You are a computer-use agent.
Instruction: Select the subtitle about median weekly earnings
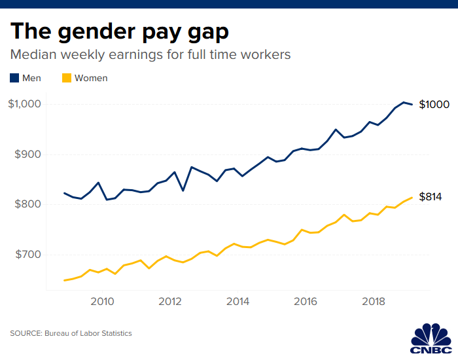[150, 54]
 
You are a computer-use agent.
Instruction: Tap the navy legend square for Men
[14, 78]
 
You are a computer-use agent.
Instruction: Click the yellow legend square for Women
[66, 78]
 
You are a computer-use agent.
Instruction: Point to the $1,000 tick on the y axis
[25, 105]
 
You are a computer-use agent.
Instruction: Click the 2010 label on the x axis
[103, 302]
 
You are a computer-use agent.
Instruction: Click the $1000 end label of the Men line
[434, 105]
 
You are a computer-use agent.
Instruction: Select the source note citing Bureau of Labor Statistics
[71, 333]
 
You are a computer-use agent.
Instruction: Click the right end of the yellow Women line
[412, 198]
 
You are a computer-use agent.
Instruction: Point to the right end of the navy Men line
[412, 105]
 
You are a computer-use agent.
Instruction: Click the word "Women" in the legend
[91, 78]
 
